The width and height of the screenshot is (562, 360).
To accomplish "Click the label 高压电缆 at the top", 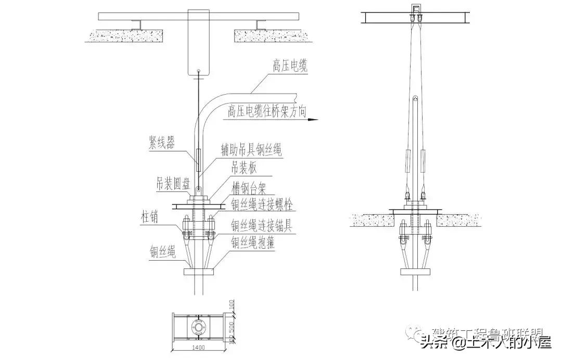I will (x=290, y=66).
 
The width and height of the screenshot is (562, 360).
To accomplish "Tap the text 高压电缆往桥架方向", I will (x=267, y=111).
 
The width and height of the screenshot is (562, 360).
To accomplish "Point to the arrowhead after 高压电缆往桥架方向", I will (x=313, y=119).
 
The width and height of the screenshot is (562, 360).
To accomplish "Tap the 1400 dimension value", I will (x=198, y=348).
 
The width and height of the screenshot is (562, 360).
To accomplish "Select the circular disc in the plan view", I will (x=198, y=326).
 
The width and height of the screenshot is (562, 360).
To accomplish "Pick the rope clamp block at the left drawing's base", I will (x=198, y=272).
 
